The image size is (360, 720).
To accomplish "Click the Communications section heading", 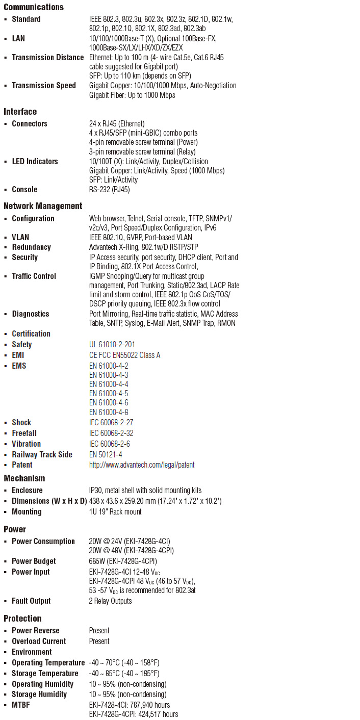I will click(34, 7).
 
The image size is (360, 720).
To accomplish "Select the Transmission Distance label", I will click(47, 58).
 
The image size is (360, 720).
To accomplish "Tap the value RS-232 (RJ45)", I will click(109, 190).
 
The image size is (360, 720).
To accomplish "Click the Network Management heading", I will click(43, 206).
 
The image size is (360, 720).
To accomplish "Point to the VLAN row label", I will click(20, 238).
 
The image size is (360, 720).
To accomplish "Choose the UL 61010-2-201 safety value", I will click(112, 345).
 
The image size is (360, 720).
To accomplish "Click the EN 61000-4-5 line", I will click(109, 394).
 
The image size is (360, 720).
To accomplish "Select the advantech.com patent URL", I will click(142, 465).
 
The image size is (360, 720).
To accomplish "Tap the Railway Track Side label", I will click(42, 455).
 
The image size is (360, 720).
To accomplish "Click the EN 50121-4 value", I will click(106, 455).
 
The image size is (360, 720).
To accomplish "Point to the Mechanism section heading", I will click(24, 478).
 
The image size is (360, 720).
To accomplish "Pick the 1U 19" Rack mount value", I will click(115, 512).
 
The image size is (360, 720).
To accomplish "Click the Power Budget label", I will click(34, 561).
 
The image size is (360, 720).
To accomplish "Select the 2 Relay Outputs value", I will click(110, 601).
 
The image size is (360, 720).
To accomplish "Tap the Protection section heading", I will click(22, 619).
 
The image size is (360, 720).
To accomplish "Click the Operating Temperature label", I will click(48, 663).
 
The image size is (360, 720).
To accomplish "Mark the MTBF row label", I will click(21, 705).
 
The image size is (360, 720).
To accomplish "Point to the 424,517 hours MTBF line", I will click(134, 714).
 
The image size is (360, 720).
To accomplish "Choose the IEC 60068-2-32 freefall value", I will click(111, 433).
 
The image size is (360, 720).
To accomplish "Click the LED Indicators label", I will click(35, 162).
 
